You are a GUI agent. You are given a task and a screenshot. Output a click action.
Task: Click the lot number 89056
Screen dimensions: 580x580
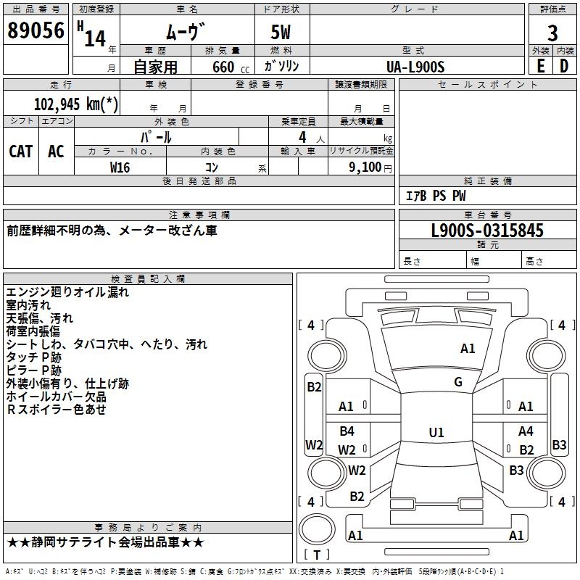pos(36,30)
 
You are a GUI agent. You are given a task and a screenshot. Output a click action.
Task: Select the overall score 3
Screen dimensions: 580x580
pos(552,33)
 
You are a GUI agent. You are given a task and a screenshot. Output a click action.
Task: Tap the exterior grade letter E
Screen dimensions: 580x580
pos(540,66)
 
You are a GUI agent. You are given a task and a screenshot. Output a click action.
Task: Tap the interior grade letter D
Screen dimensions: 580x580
pos(564,66)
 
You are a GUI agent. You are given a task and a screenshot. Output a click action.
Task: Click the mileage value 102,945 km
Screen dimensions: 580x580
pos(76,103)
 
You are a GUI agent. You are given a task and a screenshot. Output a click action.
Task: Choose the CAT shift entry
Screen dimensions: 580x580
pos(21,151)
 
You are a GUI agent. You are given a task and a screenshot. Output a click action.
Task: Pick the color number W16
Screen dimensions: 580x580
pos(120,167)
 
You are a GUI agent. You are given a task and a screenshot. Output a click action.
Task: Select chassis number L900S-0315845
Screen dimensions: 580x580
pos(487,231)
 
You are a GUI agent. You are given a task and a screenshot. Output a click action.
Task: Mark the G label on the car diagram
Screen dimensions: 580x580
pos(458,382)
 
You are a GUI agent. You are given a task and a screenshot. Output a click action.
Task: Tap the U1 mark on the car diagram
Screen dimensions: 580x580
pos(436,433)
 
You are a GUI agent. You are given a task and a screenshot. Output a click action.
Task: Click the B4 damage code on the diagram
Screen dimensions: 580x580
pos(347,431)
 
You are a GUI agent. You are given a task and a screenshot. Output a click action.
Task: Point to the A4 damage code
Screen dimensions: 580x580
pos(526,431)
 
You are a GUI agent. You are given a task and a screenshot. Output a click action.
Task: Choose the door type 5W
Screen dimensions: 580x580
pos(282,33)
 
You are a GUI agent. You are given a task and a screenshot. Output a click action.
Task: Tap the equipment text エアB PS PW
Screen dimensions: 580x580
pos(436,196)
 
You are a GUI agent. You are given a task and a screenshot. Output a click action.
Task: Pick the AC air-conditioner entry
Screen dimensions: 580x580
pos(56,151)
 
